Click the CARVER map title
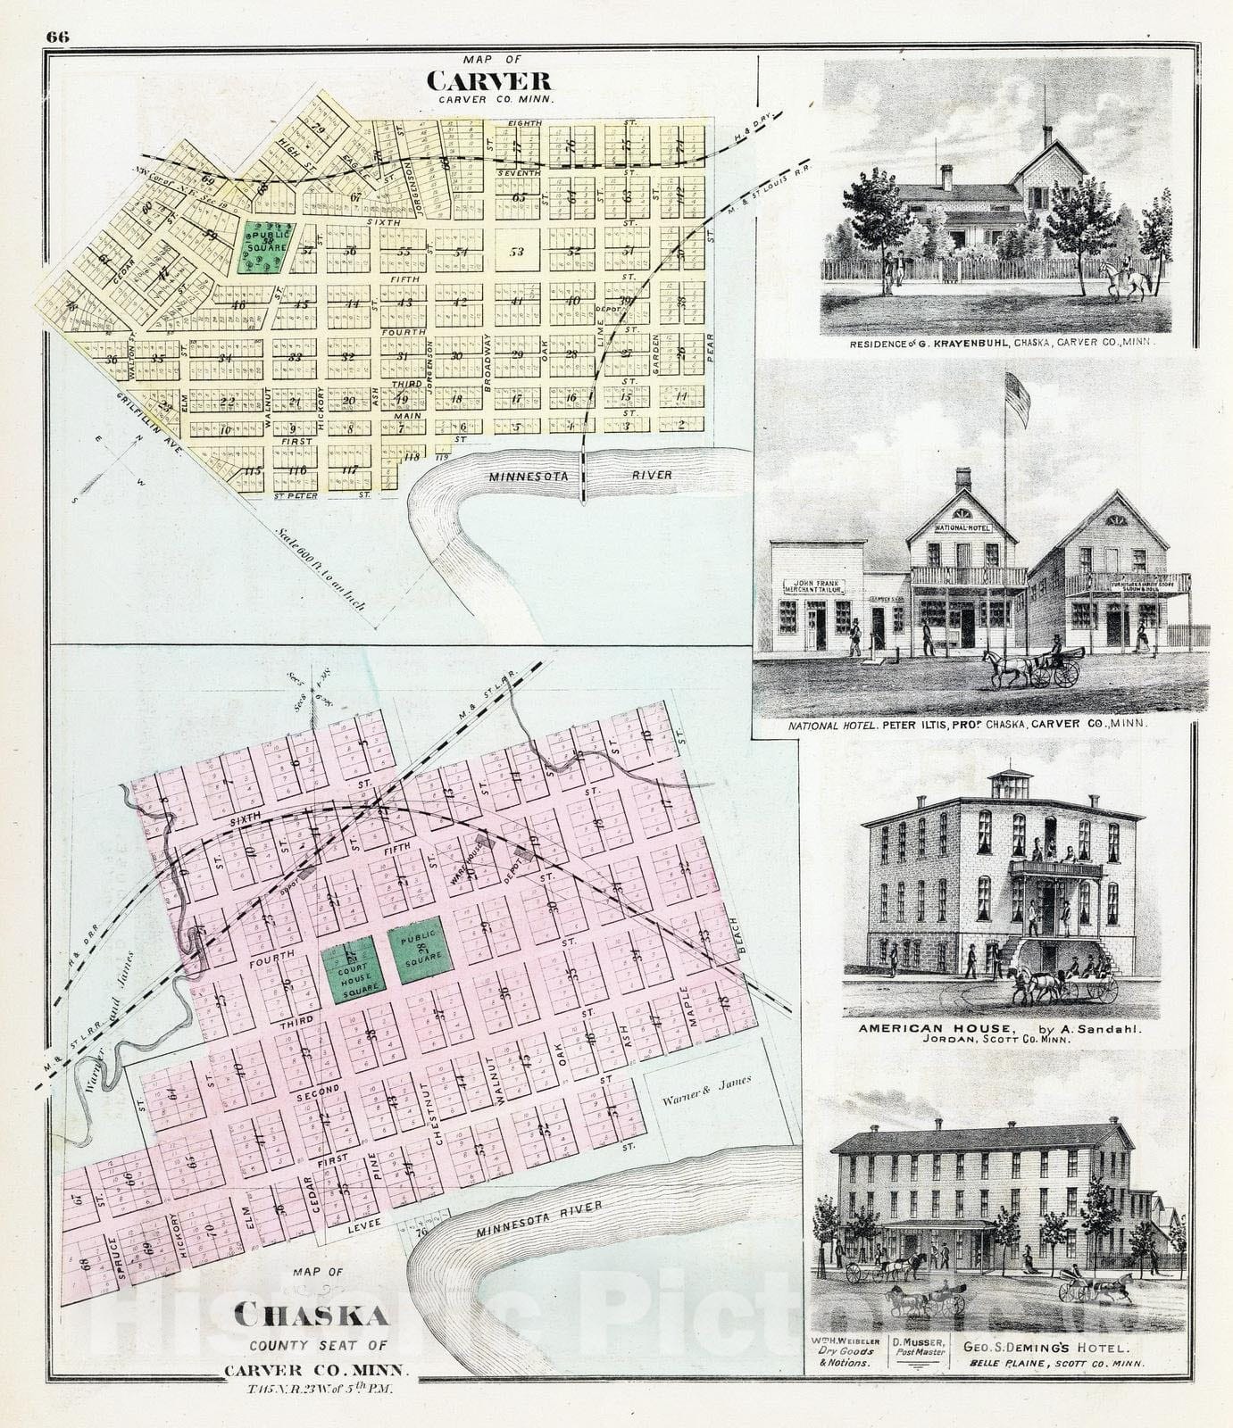click(x=488, y=80)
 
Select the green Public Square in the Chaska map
click(x=418, y=950)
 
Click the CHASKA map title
click(x=312, y=1318)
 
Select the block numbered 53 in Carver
click(x=516, y=251)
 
